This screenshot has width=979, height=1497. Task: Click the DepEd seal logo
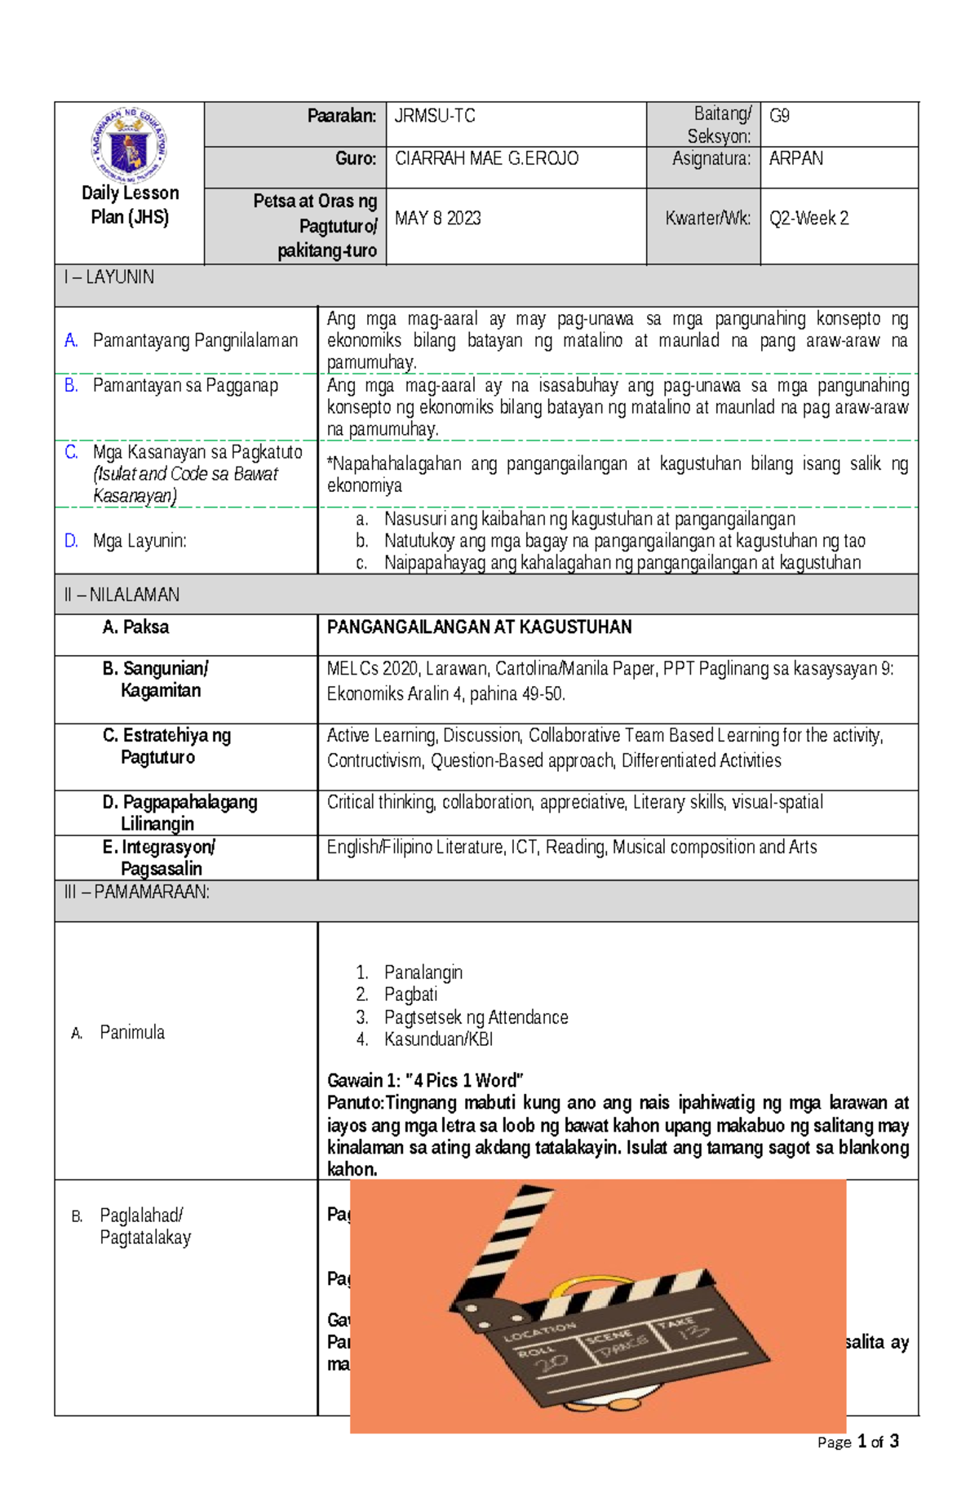tap(129, 145)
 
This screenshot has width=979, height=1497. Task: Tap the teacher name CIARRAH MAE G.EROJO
tap(486, 158)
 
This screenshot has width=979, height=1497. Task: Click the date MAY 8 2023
tap(438, 218)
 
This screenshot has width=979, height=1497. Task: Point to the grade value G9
tap(779, 116)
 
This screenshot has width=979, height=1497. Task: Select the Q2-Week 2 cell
tap(808, 218)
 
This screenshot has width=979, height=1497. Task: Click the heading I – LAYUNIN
tap(109, 277)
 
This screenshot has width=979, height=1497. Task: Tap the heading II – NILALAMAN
tap(122, 595)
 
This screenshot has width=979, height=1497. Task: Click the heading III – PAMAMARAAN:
tap(136, 892)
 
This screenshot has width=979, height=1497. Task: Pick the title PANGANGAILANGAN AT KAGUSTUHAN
tap(479, 627)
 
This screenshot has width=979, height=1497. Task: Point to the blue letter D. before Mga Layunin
tap(71, 541)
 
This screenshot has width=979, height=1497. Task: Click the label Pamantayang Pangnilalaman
tap(195, 340)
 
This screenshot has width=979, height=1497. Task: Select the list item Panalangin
tap(423, 972)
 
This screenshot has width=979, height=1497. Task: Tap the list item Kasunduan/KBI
tap(438, 1039)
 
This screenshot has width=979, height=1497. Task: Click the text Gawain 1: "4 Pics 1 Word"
tap(425, 1081)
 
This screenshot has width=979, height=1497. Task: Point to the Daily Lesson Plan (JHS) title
tap(130, 205)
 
